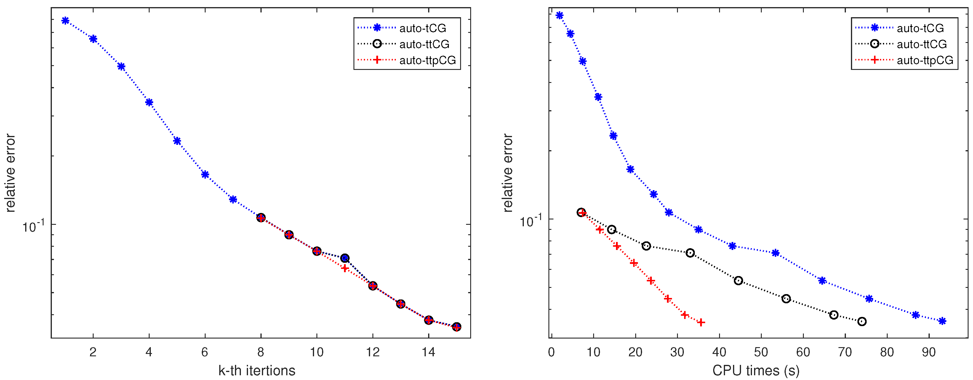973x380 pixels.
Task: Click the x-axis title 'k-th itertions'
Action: tap(257, 371)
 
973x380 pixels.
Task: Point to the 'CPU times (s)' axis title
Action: tap(756, 371)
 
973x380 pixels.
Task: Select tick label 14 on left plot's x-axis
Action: tap(428, 352)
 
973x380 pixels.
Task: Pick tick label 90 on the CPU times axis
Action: tap(929, 352)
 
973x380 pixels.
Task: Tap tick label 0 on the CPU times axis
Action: tap(551, 352)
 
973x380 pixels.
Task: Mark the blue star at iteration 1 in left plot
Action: tap(65, 21)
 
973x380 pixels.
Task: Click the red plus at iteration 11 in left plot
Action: tap(345, 268)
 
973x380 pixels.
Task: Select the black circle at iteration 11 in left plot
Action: tap(345, 258)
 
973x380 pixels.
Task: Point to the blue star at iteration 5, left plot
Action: tap(177, 141)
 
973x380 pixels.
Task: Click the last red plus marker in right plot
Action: tap(701, 323)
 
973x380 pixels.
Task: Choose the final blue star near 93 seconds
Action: tap(942, 321)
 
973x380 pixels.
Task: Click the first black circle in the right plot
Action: tap(581, 213)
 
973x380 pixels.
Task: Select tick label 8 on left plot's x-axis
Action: tap(261, 352)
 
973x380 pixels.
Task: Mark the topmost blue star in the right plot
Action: tap(559, 15)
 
